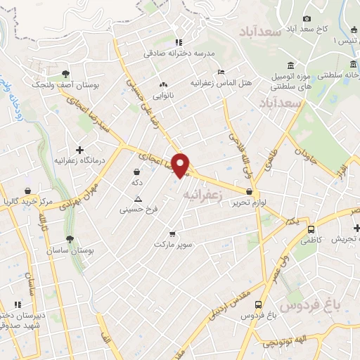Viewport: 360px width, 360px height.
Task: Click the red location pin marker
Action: tap(181, 165)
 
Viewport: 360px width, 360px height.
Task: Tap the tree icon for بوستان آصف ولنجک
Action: tap(65, 74)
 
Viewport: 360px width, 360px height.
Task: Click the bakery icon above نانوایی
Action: tap(165, 83)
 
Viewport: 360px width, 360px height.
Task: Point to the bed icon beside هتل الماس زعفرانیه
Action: tap(221, 72)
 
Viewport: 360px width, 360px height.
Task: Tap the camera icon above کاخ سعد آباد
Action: tap(307, 19)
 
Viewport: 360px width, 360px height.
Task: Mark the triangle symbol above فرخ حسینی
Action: tap(138, 198)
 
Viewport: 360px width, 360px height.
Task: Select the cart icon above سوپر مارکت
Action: tap(172, 233)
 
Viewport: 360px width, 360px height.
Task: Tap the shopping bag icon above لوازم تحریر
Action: tap(250, 190)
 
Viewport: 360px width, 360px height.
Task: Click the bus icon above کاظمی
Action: tap(311, 229)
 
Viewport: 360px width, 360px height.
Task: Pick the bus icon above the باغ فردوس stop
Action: tap(259, 305)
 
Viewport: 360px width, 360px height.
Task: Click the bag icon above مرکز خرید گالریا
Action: tap(27, 191)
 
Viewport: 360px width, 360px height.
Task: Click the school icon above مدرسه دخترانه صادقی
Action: tap(179, 41)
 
